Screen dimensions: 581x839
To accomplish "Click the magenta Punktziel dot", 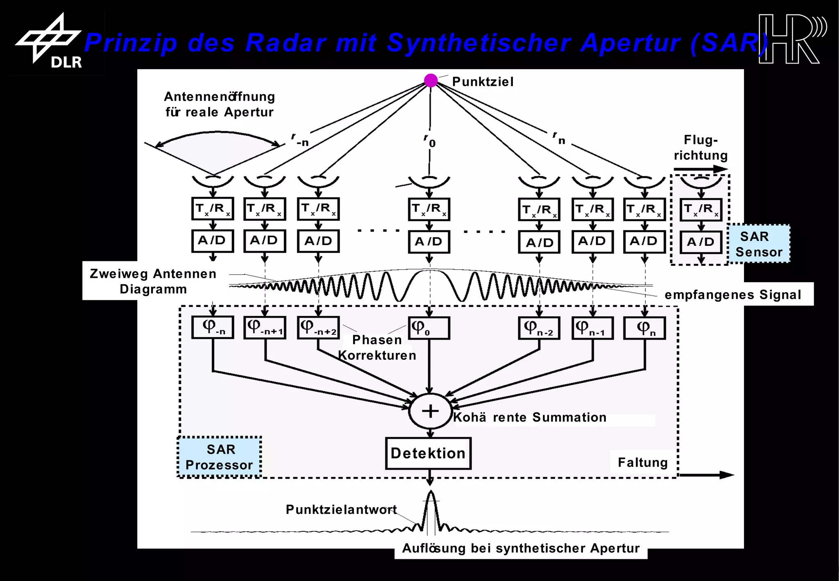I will pos(431,80).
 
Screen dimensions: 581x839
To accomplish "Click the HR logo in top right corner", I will pos(791,39).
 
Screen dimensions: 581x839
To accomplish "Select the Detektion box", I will pos(428,453).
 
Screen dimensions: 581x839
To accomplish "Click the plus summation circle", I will pos(430,411).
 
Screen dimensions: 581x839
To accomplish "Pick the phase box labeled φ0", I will pos(429,328).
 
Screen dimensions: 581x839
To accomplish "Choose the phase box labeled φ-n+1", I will pos(265,327).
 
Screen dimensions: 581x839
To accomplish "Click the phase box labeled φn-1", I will pos(592,328).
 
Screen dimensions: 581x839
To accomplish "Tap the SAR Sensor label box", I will pos(759,244).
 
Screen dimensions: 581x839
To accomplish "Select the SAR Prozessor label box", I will pos(220,457).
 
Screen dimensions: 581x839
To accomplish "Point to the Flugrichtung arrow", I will pos(701,169).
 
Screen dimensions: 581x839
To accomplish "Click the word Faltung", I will pos(642,462).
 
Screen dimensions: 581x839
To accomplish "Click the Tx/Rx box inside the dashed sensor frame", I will pos(701,209).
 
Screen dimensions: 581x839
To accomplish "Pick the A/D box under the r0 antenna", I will pos(429,242).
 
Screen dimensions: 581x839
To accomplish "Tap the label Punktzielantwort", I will pos(341,509).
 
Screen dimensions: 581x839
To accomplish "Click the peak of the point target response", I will pos(431,493).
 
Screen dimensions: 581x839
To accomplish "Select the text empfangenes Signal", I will pos(732,295).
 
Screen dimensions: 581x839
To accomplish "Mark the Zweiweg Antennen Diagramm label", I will pos(153,281).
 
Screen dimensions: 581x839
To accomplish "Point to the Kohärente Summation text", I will pos(529,417).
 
